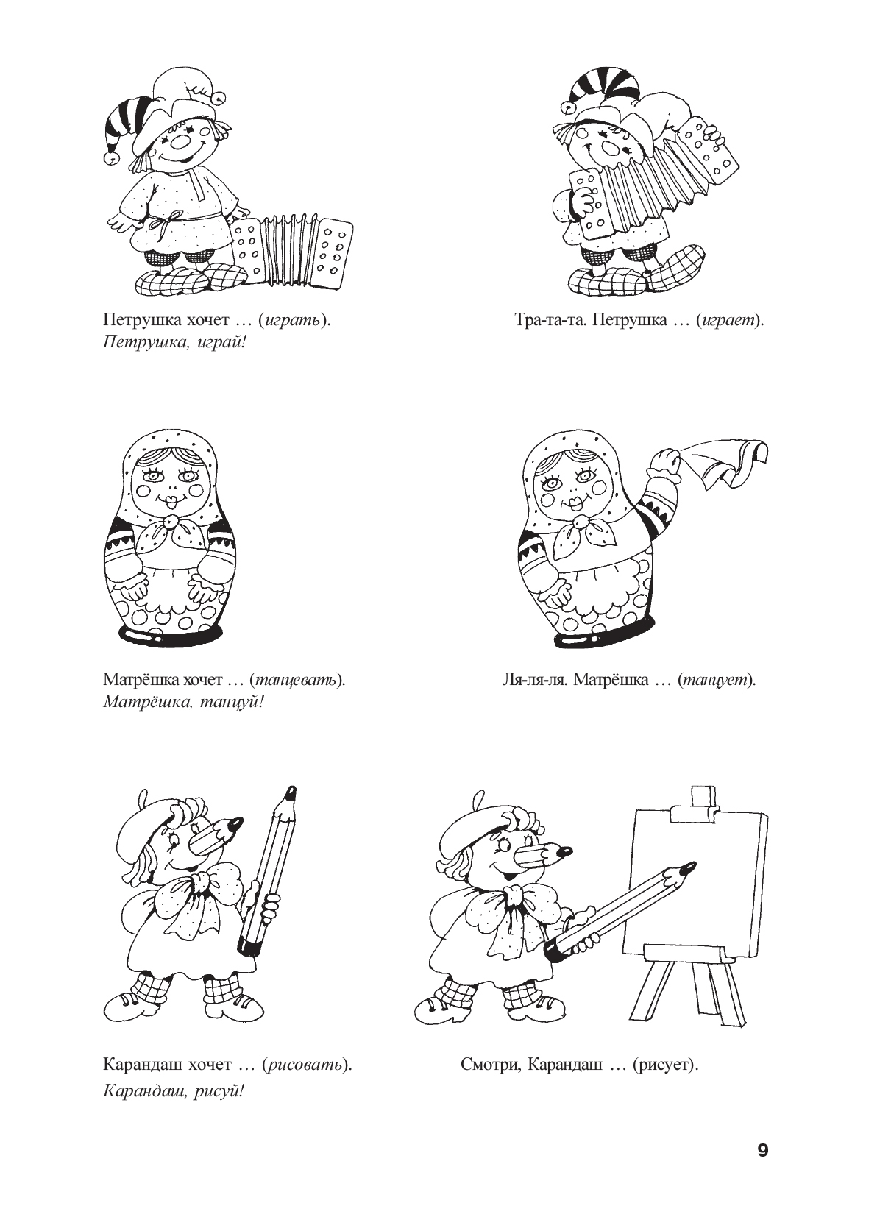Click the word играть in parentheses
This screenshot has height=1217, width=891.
[291, 321]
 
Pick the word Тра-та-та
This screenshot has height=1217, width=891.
[549, 320]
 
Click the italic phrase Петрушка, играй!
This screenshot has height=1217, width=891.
[174, 344]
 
